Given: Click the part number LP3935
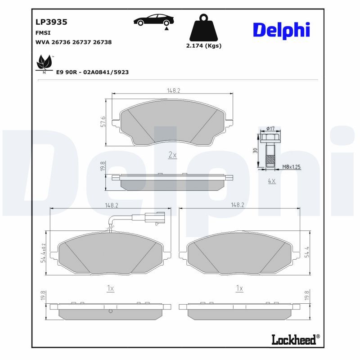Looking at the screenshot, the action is [x=51, y=22].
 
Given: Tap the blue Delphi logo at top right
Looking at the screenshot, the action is [x=282, y=30].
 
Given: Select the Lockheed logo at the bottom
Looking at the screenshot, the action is [x=296, y=340].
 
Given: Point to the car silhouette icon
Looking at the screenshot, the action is [x=153, y=20].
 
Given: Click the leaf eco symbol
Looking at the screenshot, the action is [x=45, y=63].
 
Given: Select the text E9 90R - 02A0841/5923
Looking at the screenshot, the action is [x=92, y=72].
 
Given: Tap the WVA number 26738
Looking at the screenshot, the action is [x=102, y=42].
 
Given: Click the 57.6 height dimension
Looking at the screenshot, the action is [x=103, y=121].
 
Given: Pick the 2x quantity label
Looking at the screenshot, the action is [x=172, y=155].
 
